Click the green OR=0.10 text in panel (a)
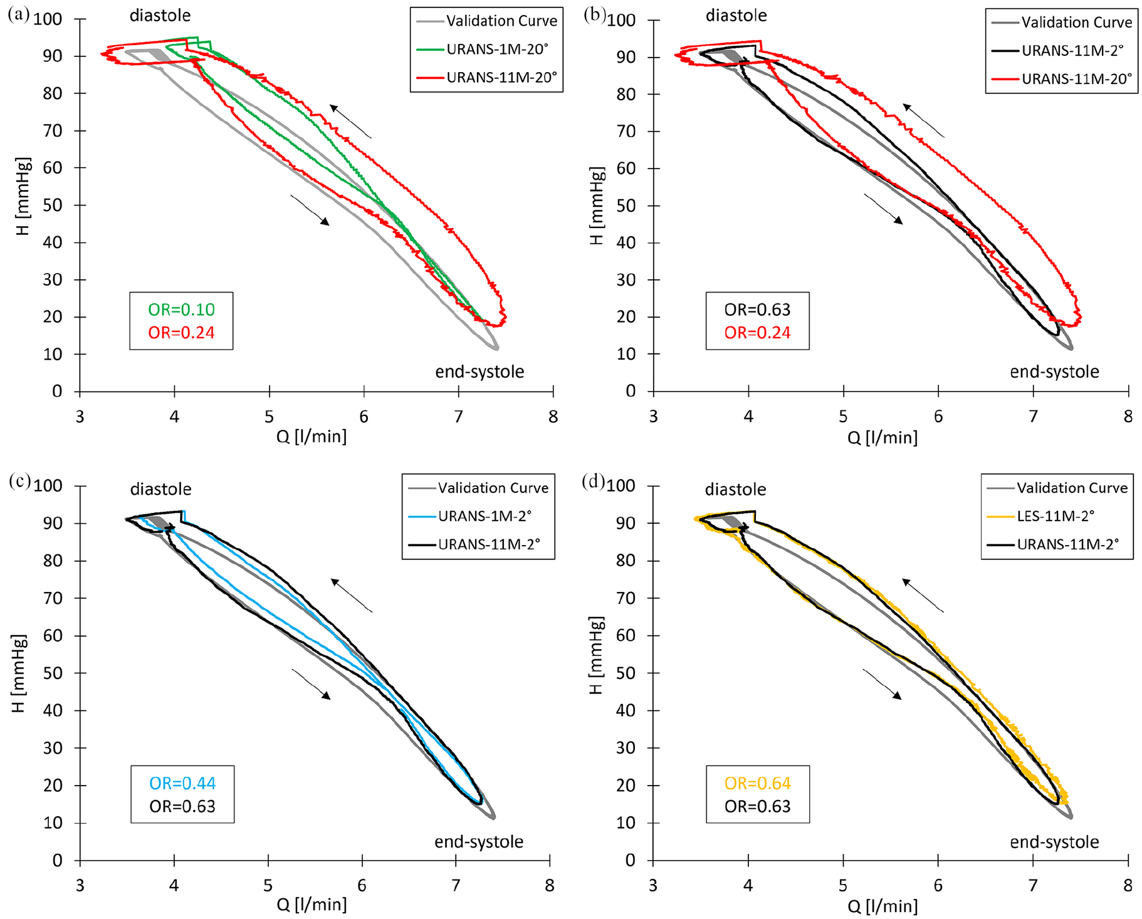[181, 309]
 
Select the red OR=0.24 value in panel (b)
[757, 333]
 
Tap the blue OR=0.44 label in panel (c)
[182, 783]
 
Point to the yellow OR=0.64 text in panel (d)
[757, 783]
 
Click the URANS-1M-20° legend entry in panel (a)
[486, 49]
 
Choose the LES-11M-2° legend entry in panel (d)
[1041, 516]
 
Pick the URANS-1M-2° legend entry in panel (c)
[470, 516]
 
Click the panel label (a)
[18, 15]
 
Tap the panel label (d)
[594, 481]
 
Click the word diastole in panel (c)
[160, 489]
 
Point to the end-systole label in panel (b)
[1054, 371]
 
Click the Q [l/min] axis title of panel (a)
[312, 436]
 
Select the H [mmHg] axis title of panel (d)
[596, 655]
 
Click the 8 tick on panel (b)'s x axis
[1128, 417]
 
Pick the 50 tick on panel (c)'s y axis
[53, 673]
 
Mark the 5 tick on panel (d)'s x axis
[843, 885]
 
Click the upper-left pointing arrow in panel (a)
[350, 122]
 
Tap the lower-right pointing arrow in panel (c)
[310, 684]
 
